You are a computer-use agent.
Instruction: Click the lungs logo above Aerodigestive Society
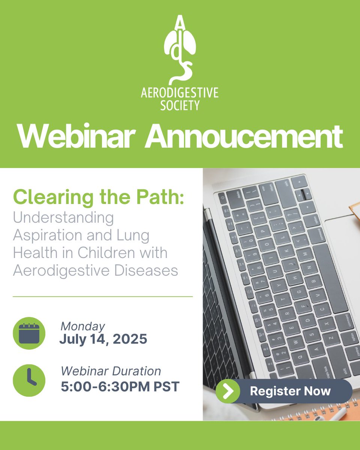(180, 49)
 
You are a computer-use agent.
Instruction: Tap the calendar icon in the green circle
(29, 333)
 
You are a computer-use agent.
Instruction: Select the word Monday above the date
(82, 326)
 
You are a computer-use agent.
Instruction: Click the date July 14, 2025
(103, 339)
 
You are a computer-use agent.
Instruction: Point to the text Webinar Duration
(111, 371)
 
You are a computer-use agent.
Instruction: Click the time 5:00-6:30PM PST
(120, 387)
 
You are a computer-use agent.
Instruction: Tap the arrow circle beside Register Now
(228, 391)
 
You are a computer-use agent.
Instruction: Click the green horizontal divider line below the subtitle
(103, 297)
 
